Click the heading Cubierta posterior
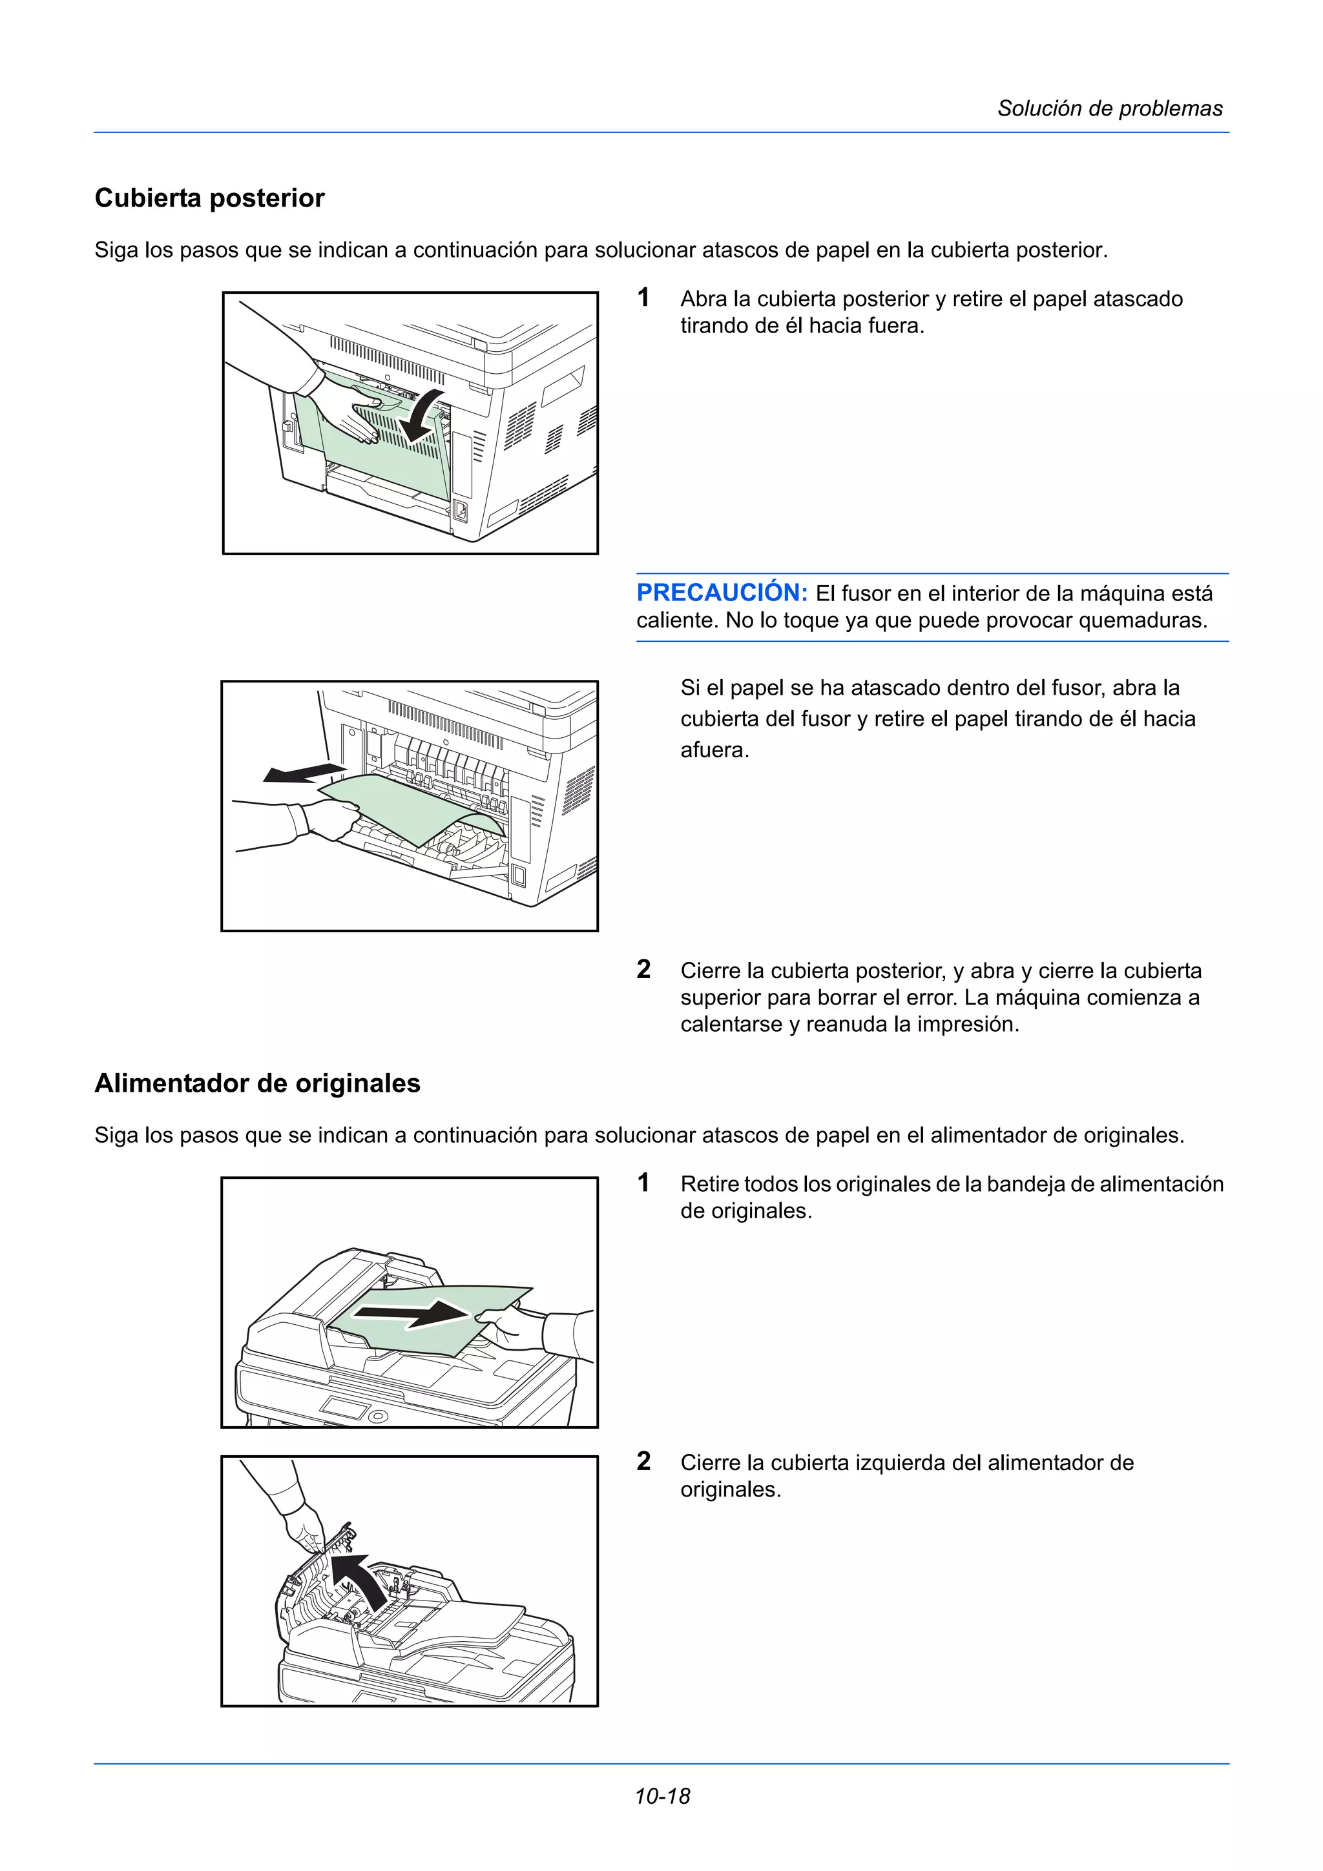pyautogui.click(x=209, y=198)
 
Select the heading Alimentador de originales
pyautogui.click(x=258, y=1083)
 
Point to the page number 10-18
pyautogui.click(x=662, y=1796)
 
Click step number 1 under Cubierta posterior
pyautogui.click(x=643, y=298)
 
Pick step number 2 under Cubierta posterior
pyautogui.click(x=643, y=970)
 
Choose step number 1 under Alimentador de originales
pyautogui.click(x=643, y=1183)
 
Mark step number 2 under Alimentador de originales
pyautogui.click(x=643, y=1462)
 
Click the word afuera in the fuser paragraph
pyautogui.click(x=714, y=750)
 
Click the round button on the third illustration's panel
pyautogui.click(x=377, y=1417)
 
